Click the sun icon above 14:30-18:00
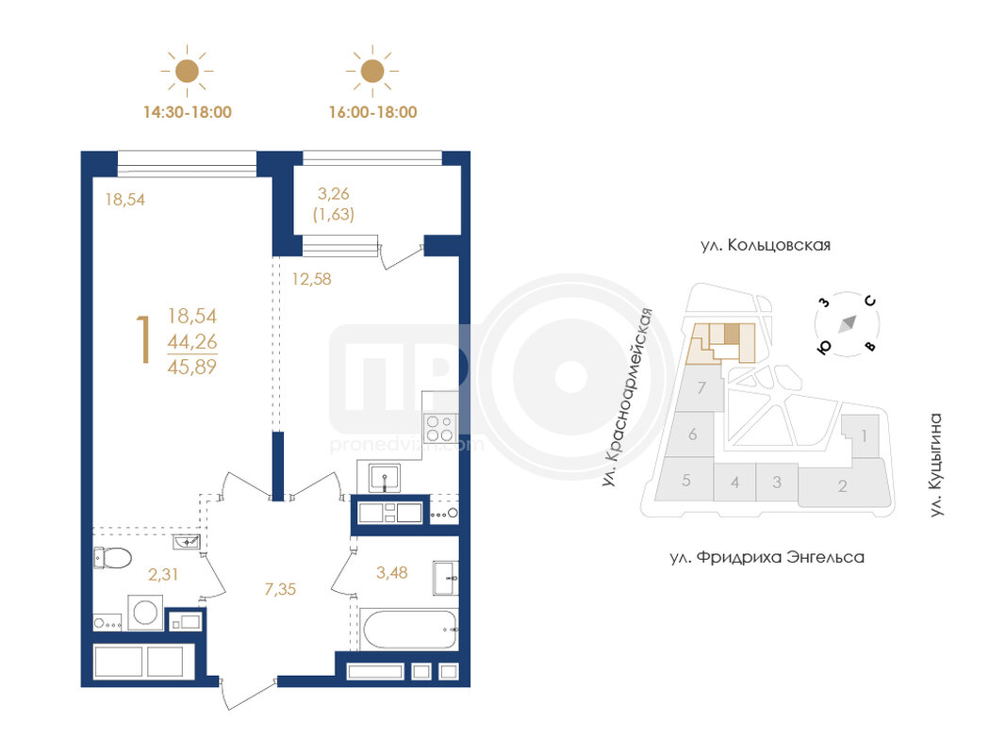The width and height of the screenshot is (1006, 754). click(x=187, y=71)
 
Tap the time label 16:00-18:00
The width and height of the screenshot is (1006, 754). click(x=372, y=112)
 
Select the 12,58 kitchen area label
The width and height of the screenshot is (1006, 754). click(x=312, y=279)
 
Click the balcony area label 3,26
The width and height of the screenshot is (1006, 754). click(x=334, y=193)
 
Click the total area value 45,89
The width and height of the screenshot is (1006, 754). click(x=191, y=367)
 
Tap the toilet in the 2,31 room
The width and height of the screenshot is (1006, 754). click(x=112, y=558)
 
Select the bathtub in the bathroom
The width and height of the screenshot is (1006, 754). click(x=409, y=629)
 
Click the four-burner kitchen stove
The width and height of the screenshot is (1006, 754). click(x=440, y=428)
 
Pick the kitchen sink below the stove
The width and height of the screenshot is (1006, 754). click(x=385, y=478)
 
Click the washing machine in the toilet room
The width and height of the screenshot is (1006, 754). click(x=145, y=613)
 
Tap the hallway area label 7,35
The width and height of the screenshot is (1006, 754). click(x=280, y=588)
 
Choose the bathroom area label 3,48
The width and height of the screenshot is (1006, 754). click(x=392, y=572)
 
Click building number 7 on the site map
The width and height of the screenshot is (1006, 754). click(x=701, y=388)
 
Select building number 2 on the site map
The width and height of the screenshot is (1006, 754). click(x=842, y=486)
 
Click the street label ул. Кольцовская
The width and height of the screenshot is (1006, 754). click(x=766, y=245)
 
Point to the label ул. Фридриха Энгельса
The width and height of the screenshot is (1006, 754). click(x=767, y=557)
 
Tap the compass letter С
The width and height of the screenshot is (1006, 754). click(x=870, y=301)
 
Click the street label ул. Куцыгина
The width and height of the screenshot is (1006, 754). click(x=937, y=465)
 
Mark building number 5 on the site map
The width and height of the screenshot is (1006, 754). click(x=686, y=481)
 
